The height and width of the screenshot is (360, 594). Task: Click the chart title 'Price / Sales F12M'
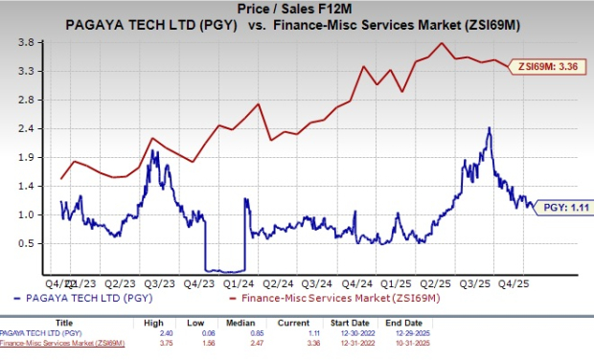296,8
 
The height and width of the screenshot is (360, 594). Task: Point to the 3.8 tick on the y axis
28,43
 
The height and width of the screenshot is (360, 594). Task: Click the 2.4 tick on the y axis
28,128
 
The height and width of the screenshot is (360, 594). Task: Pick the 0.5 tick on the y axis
28,243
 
